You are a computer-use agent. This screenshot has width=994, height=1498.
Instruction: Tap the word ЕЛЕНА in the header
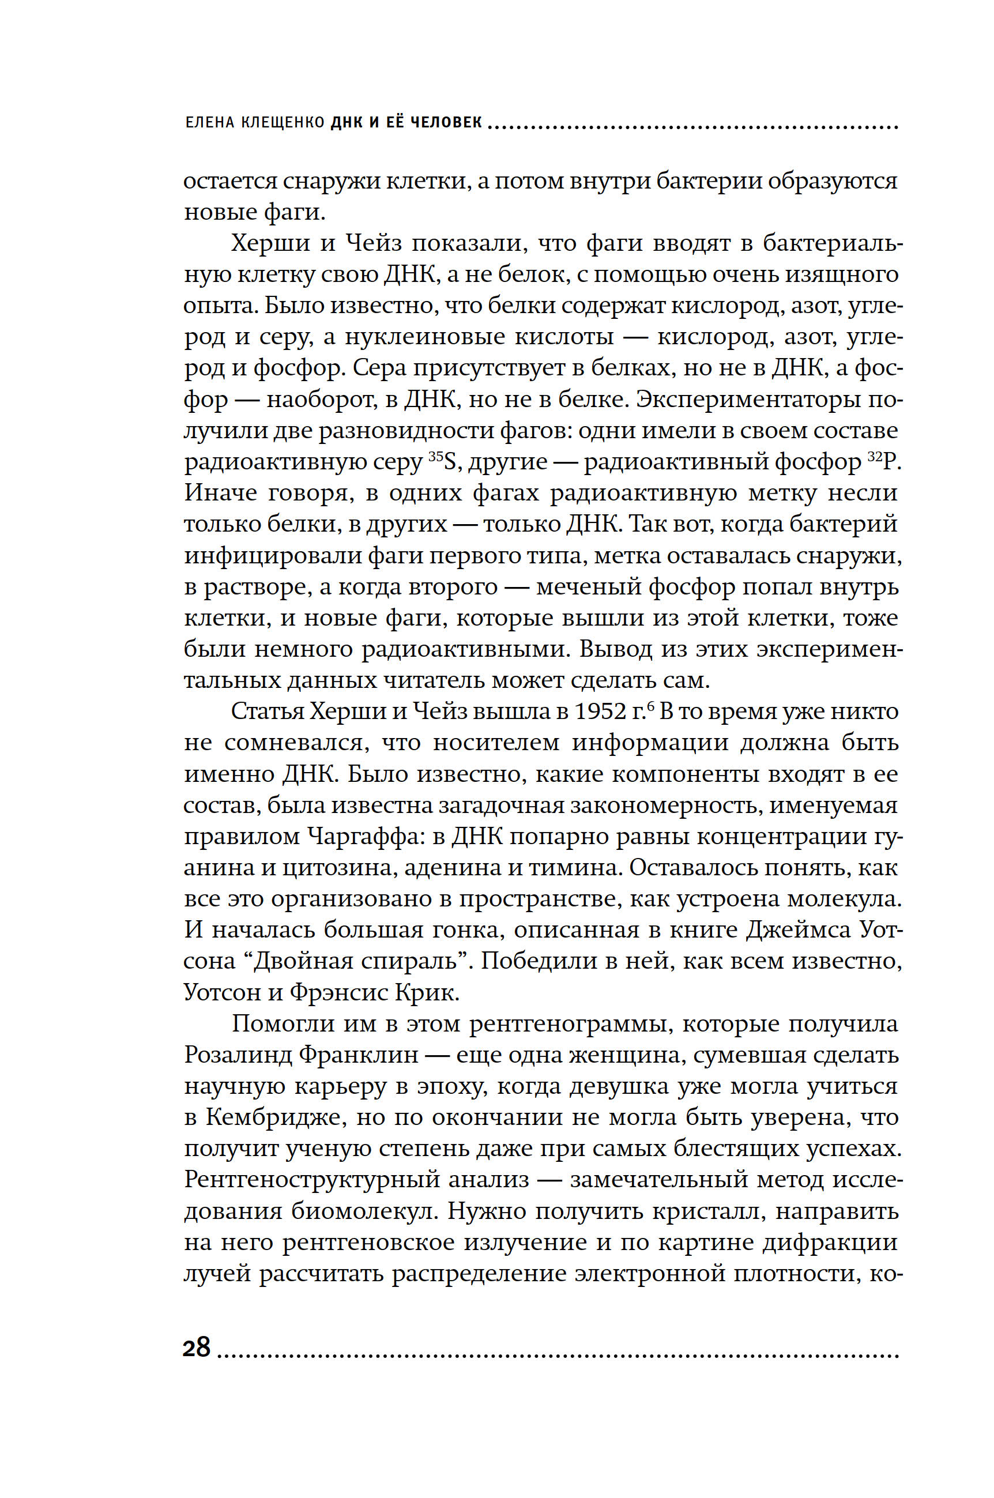(210, 122)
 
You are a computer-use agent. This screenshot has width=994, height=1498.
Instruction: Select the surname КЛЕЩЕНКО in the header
(283, 122)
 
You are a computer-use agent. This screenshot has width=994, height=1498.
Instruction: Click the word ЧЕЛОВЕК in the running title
(446, 122)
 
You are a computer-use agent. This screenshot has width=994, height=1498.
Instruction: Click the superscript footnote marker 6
(650, 706)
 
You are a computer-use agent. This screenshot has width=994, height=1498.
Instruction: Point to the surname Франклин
(358, 1055)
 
